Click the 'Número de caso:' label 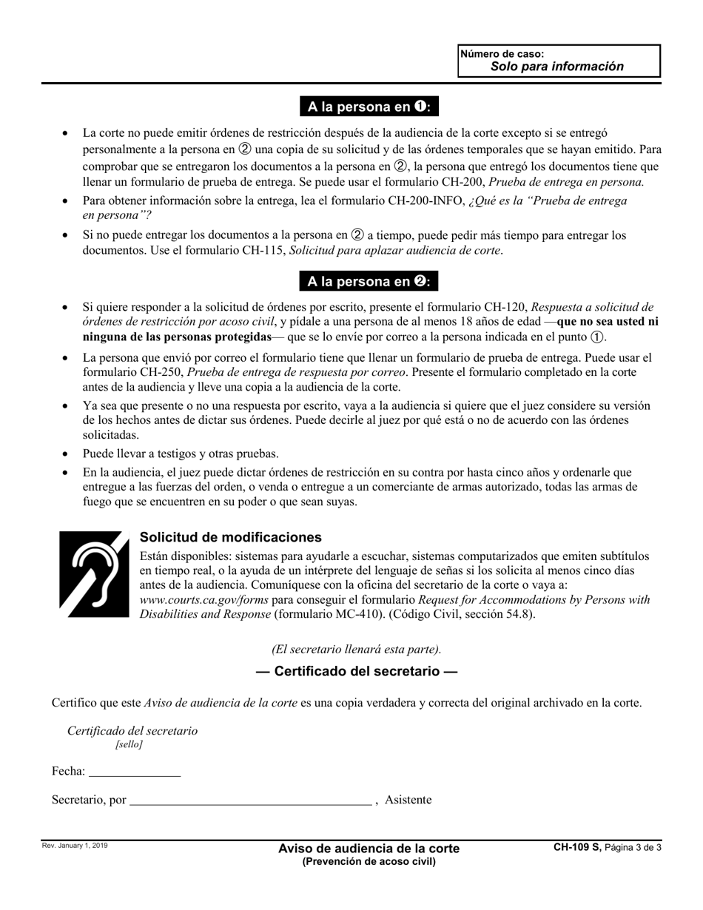pyautogui.click(x=502, y=54)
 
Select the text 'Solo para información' pyautogui.click(x=556, y=67)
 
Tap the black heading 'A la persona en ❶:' pyautogui.click(x=369, y=107)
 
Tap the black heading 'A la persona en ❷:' pyautogui.click(x=369, y=281)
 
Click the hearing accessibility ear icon pyautogui.click(x=94, y=573)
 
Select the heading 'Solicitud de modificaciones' pyautogui.click(x=230, y=537)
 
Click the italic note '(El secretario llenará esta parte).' pyautogui.click(x=356, y=649)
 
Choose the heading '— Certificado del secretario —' pyautogui.click(x=356, y=672)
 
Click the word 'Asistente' pyautogui.click(x=408, y=800)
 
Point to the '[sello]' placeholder pyautogui.click(x=129, y=744)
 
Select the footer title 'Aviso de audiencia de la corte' pyautogui.click(x=369, y=848)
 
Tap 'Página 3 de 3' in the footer pyautogui.click(x=633, y=848)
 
